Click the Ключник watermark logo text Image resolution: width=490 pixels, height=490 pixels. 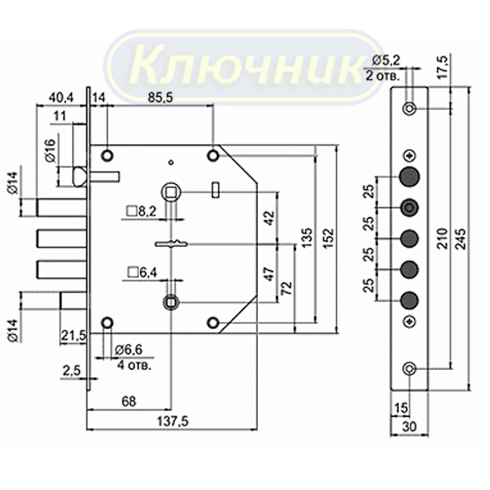click(246, 66)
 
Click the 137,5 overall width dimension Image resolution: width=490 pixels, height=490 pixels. click(172, 421)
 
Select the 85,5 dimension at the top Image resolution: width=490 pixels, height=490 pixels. click(160, 98)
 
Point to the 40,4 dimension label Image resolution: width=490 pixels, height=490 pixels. click(61, 98)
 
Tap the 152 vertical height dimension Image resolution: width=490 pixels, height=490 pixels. click(328, 239)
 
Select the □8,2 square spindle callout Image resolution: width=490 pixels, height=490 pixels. click(141, 211)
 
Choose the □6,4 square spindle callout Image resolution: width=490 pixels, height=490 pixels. click(142, 273)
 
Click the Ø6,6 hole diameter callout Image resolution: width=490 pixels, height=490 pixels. click(129, 350)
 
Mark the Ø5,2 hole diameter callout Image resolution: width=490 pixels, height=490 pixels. click(386, 61)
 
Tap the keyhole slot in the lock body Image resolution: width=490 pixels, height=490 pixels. click(172, 244)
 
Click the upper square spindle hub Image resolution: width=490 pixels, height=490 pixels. click(172, 192)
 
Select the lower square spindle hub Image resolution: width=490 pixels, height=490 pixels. click(172, 302)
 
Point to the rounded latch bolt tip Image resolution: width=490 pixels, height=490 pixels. click(80, 177)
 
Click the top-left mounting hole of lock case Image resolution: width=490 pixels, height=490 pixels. click(107, 155)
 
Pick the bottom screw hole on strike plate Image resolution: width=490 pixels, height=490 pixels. click(409, 369)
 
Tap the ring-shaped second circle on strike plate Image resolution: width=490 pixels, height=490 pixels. click(410, 207)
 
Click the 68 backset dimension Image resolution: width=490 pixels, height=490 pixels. click(129, 401)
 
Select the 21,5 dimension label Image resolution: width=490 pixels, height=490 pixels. click(73, 336)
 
